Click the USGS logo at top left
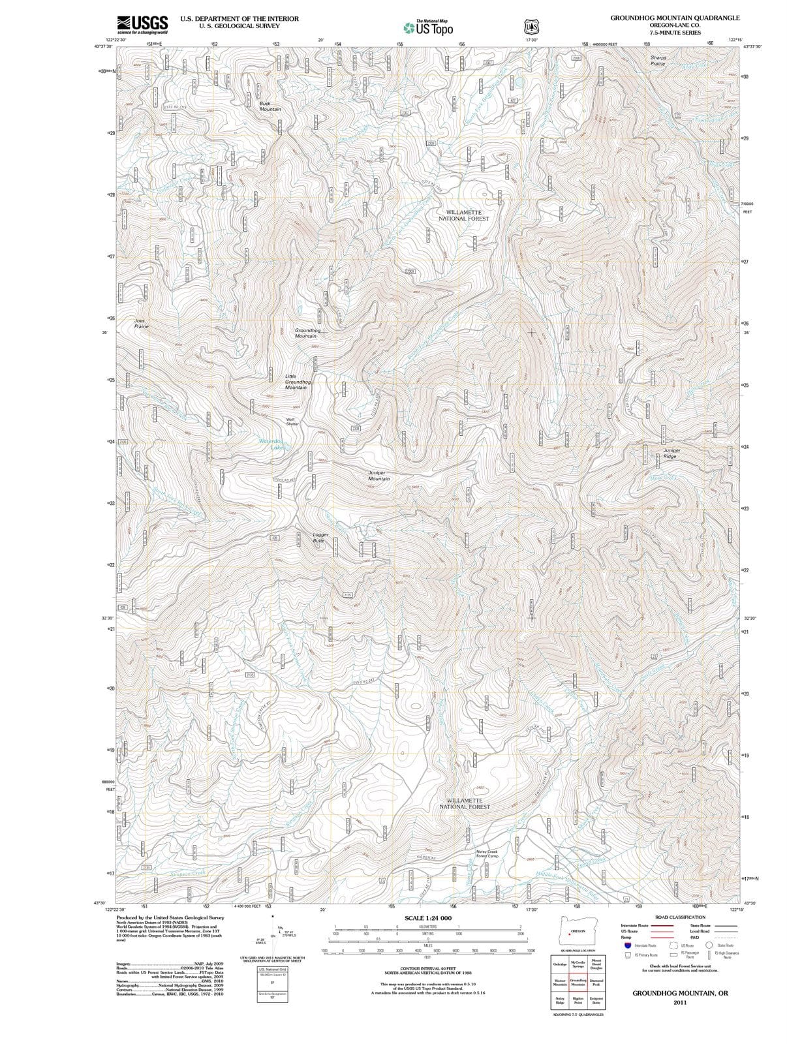click(142, 25)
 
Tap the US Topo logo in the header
click(428, 27)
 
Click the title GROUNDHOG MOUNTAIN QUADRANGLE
click(675, 18)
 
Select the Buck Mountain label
click(270, 106)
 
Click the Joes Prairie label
click(141, 324)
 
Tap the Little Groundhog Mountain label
click(297, 382)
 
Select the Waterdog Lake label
click(272, 444)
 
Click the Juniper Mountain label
click(378, 476)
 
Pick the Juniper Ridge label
click(671, 453)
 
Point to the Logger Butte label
click(320, 538)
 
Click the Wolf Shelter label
click(292, 422)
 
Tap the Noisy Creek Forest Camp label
click(487, 853)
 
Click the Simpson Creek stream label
click(188, 873)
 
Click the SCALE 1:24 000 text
click(427, 918)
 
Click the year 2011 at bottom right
click(680, 1002)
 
